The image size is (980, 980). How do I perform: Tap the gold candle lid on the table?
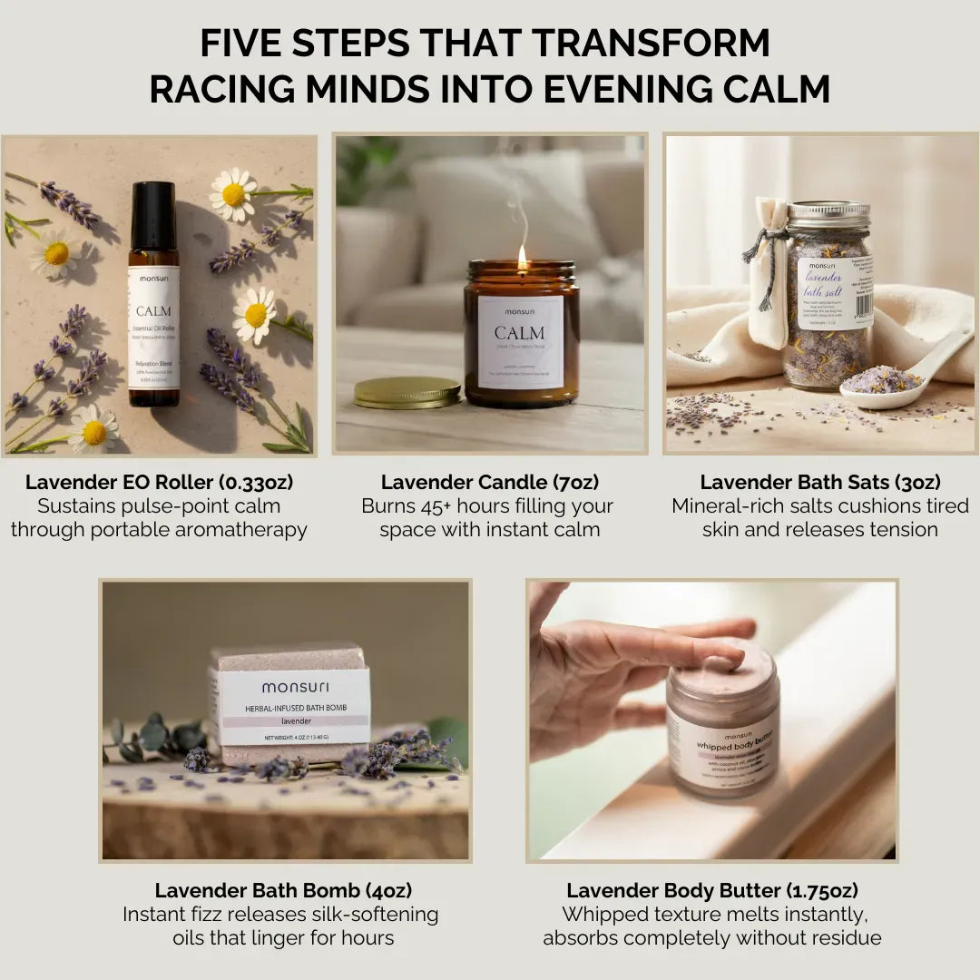[407, 392]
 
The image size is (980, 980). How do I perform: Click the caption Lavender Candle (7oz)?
[490, 483]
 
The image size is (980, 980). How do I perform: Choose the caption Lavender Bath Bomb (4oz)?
[283, 890]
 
